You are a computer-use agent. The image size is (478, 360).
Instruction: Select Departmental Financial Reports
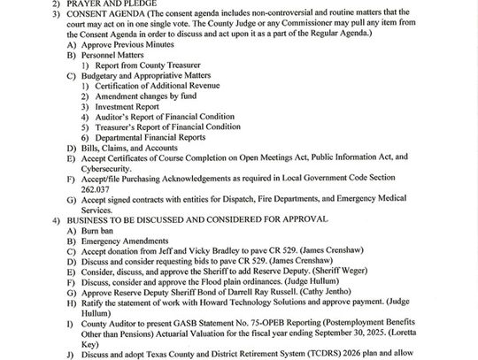coord(151,138)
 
